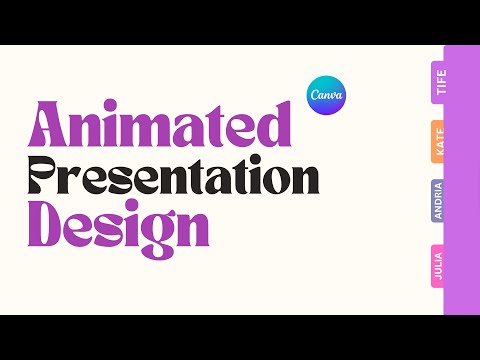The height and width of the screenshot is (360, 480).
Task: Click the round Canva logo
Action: (327, 94)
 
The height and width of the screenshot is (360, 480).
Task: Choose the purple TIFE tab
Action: (438, 82)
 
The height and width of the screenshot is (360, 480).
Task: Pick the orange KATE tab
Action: (438, 142)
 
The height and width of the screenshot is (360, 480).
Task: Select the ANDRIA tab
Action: (438, 201)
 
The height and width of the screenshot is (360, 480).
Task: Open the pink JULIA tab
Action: (438, 266)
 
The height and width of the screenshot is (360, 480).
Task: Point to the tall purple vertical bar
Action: (462, 180)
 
